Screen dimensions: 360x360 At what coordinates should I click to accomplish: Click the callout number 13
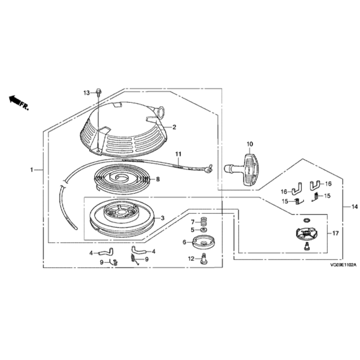point(87,93)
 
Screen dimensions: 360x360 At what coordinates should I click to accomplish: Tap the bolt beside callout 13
point(99,91)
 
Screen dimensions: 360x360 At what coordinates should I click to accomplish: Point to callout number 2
point(174,127)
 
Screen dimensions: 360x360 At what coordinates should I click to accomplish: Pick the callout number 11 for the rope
point(178,153)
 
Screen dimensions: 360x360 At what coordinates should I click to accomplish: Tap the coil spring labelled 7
point(202,222)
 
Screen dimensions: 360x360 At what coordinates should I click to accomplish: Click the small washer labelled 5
point(203,230)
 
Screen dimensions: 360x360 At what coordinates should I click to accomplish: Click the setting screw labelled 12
point(204,258)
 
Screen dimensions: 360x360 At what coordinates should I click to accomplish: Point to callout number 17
point(335,234)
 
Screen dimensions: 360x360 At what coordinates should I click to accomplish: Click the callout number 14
point(354,207)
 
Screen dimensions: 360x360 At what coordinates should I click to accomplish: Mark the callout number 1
point(32,170)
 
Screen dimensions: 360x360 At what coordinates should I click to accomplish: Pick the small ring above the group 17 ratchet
point(306,220)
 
